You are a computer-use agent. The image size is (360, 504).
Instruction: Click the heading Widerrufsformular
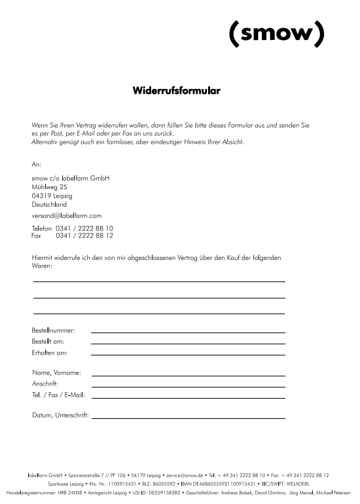176,90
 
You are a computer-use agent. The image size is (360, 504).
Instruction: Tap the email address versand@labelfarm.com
66,215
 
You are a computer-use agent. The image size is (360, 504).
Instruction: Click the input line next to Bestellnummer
188,333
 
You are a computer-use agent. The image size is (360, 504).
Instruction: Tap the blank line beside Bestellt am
188,343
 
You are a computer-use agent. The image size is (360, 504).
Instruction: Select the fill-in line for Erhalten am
188,353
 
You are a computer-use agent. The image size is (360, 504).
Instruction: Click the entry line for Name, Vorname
188,375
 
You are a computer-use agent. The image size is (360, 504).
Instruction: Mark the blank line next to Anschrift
188,386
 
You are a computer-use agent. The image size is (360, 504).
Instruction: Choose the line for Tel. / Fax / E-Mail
188,397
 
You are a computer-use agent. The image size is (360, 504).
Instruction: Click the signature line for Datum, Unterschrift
188,417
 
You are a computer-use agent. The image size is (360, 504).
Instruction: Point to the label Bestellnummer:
53,331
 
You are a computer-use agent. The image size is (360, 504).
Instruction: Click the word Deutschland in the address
49,204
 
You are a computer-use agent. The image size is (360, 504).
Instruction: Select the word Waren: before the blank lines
42,266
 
